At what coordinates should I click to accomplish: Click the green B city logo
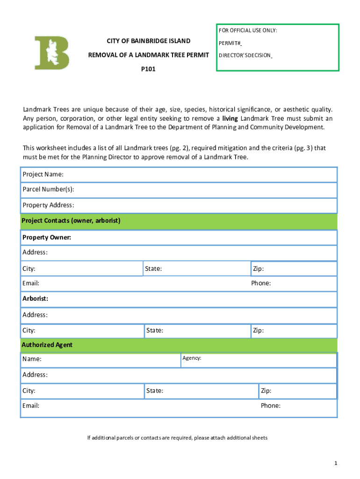52,53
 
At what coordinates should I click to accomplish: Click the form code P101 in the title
148,69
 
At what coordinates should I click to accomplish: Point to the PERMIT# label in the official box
230,44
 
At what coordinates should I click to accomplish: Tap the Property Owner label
47,238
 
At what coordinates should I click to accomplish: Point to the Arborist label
36,298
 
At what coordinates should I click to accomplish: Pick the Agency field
258,360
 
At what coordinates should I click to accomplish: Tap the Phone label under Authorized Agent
271,406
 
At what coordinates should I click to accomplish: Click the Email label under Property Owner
31,283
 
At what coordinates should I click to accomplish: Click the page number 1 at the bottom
336,463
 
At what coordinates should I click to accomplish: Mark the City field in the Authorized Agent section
81,391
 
